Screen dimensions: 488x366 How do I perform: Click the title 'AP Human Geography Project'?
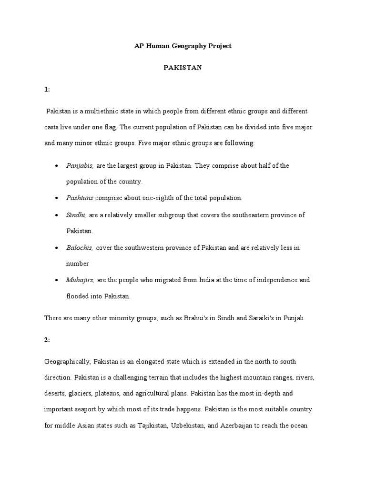point(183,46)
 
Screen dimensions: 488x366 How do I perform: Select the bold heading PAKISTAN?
point(183,68)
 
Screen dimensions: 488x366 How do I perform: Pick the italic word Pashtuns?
point(80,197)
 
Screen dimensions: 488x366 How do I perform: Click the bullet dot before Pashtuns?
point(57,198)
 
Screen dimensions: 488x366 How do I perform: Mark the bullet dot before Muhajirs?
point(57,280)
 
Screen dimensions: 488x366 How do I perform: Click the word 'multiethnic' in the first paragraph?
point(102,111)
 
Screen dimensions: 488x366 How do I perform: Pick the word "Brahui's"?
point(196,318)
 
